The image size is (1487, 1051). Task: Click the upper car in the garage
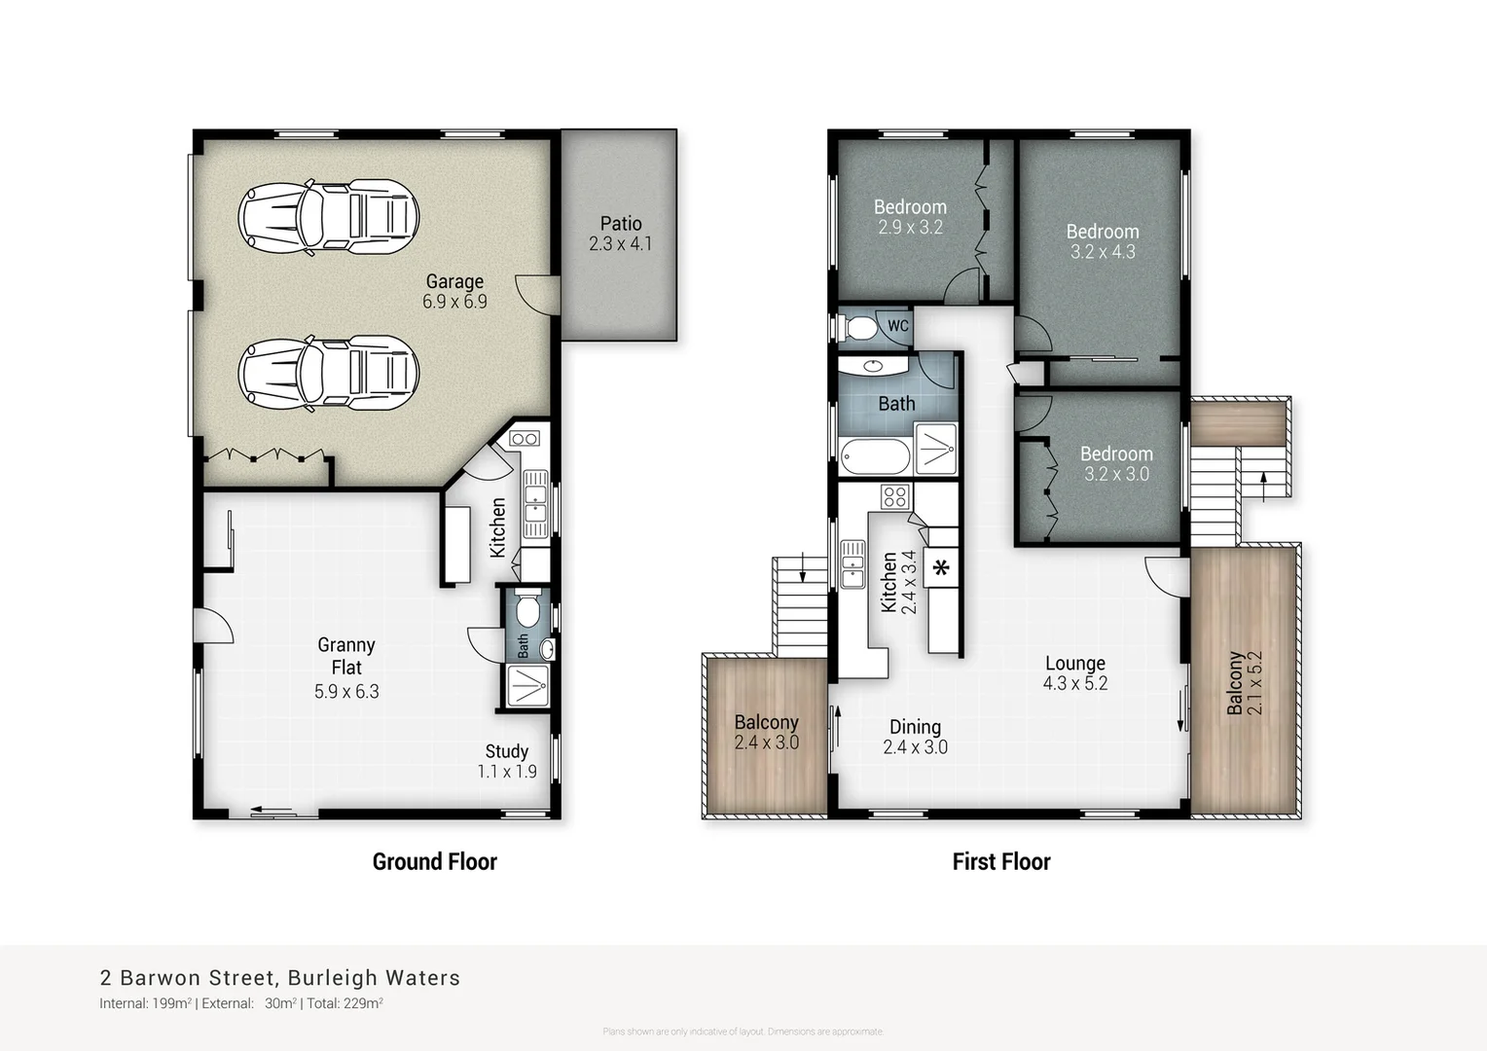coord(329,216)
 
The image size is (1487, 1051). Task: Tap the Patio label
coord(620,224)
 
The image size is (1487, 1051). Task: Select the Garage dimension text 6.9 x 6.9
coord(454,303)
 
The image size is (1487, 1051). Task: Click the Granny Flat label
coord(345,656)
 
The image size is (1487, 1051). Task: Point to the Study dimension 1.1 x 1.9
coord(506,772)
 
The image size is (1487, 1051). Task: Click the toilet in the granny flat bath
coord(527,610)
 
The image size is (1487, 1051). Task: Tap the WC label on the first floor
coord(897,325)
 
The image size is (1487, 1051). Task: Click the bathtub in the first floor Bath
coord(874,455)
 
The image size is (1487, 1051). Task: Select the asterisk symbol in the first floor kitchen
coord(941,568)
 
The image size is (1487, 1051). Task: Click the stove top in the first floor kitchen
coord(894,497)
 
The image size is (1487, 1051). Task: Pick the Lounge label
coord(1074,663)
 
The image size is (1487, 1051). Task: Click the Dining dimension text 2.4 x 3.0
coord(915,747)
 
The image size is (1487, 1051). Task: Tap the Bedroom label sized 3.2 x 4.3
coord(1102,232)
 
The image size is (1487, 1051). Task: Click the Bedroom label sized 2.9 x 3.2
coord(909,206)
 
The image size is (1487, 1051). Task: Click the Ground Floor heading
coord(434,861)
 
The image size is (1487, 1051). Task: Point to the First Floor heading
coord(1000,861)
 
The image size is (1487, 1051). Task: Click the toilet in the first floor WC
coord(857,327)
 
